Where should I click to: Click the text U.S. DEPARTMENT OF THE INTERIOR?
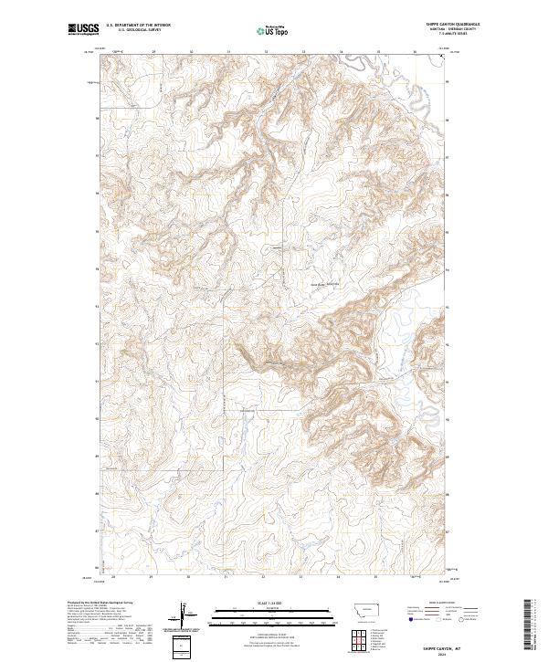tap(138, 25)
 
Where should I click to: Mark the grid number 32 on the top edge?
tap(265, 52)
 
